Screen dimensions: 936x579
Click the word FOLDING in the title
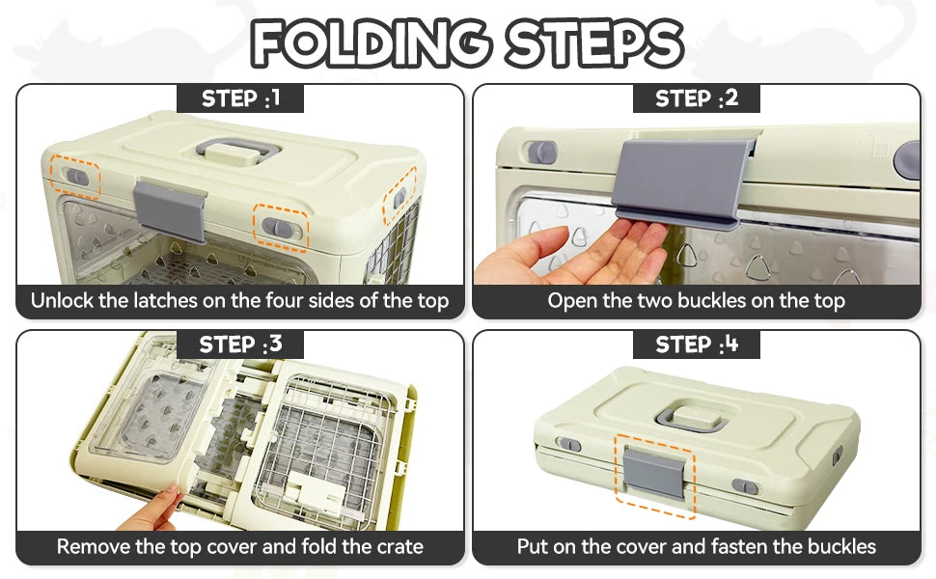point(370,43)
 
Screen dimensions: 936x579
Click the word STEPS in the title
point(594,43)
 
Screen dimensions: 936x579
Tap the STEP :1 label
point(240,98)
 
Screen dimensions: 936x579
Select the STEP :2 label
point(697,98)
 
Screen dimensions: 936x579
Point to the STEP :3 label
point(240,345)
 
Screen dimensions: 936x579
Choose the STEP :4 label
point(697,345)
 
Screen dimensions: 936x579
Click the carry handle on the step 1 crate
point(237,151)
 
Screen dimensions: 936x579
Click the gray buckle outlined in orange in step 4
point(655,474)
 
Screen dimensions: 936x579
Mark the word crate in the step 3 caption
point(399,547)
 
